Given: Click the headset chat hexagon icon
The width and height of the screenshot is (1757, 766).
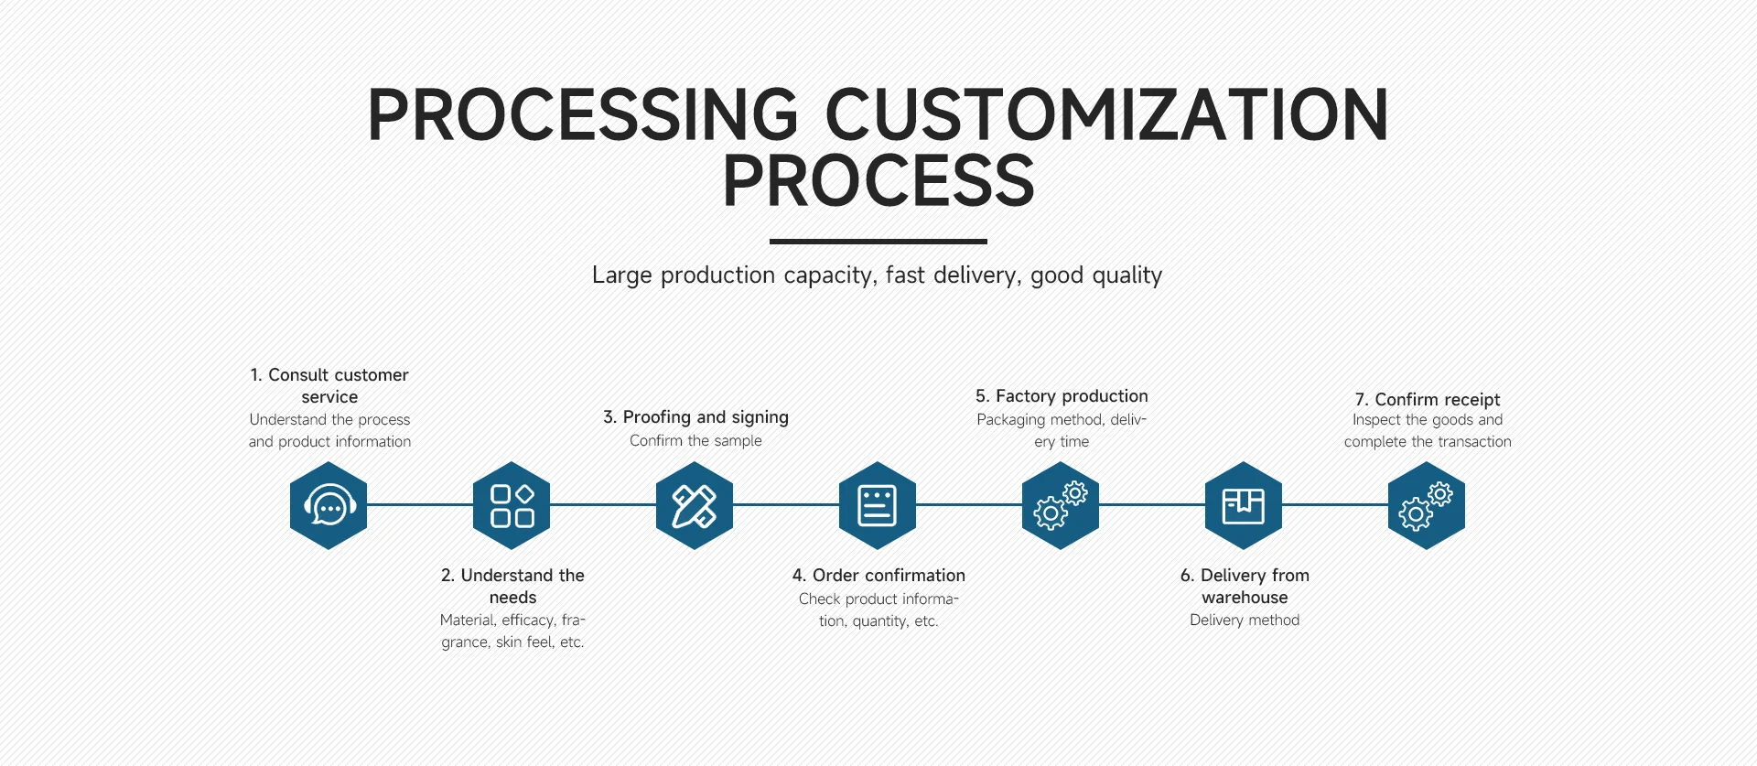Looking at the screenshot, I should [329, 505].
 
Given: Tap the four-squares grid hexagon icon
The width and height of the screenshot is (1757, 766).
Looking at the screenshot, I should [512, 505].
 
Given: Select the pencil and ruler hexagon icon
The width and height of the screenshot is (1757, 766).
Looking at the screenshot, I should [695, 505].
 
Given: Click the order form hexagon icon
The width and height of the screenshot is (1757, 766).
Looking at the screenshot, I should [878, 505].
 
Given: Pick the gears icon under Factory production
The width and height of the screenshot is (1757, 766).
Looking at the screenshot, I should [1061, 505].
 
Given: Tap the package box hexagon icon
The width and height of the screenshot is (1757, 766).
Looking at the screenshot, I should [1244, 505].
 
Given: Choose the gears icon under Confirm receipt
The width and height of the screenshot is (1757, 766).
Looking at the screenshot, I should [1427, 505].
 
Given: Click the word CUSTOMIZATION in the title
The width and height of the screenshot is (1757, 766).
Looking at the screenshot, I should [1106, 115].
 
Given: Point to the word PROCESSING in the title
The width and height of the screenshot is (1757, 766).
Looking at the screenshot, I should [583, 115].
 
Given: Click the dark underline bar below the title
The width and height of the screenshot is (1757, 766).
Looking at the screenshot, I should [878, 242].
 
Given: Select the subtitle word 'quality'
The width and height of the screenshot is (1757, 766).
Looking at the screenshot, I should [1126, 275].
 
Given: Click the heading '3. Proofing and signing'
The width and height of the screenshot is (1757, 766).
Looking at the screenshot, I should [695, 417].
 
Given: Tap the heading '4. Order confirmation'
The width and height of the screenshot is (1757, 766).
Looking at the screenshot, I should [878, 576].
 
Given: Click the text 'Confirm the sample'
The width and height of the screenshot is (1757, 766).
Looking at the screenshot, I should [695, 441].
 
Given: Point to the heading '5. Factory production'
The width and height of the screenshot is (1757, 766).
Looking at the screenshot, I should [1062, 396].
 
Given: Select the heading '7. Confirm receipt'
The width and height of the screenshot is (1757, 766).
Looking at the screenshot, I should [1428, 400].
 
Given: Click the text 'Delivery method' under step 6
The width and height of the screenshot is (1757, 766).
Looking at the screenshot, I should [1245, 620].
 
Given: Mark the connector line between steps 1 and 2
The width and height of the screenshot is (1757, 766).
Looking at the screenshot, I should [420, 504].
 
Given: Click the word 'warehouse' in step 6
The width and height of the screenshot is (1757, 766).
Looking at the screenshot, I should [1245, 598].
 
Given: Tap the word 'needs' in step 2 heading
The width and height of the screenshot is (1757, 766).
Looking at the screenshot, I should [512, 598].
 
